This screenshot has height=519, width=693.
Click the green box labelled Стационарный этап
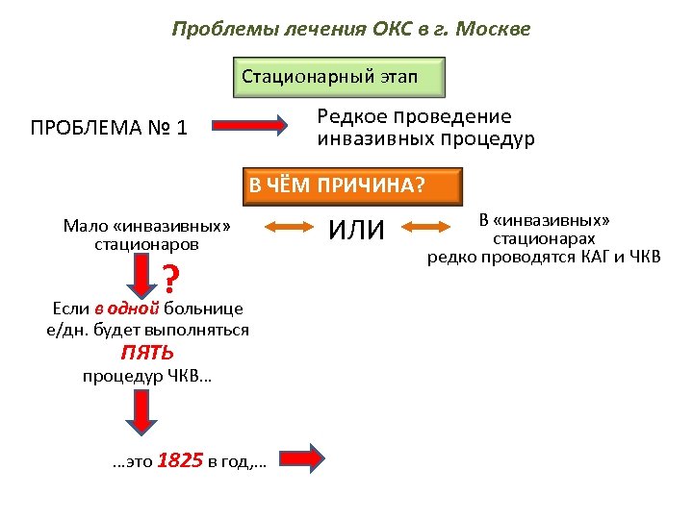click(340, 76)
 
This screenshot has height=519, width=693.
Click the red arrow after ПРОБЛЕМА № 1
click(249, 126)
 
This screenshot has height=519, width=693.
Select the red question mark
click(169, 280)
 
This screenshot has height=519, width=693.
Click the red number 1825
click(179, 460)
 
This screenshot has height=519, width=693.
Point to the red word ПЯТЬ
click(147, 353)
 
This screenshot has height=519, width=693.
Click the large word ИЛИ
click(356, 230)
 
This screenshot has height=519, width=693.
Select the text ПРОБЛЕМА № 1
click(109, 127)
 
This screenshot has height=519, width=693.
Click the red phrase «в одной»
click(127, 309)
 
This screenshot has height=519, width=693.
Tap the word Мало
click(86, 226)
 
